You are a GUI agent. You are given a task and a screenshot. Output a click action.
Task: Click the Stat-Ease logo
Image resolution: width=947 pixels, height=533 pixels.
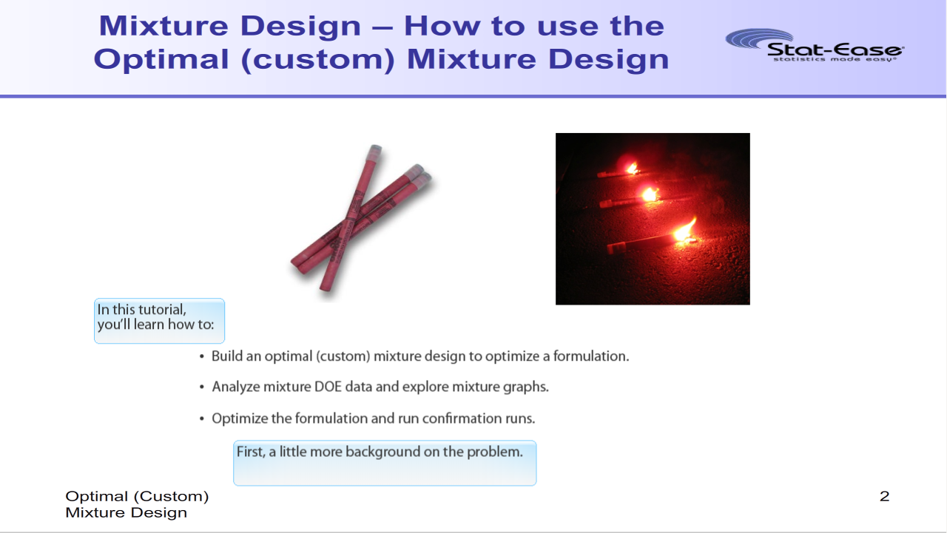coord(815,45)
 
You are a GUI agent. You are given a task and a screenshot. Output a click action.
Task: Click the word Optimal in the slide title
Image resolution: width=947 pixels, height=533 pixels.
coord(161,60)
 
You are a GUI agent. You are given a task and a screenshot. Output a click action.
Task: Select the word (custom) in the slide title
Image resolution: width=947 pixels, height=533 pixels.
coord(317,60)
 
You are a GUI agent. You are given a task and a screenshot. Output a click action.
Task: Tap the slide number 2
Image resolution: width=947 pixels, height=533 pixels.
coord(884,496)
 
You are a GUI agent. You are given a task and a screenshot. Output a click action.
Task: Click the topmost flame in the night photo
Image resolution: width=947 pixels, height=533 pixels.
coord(632,169)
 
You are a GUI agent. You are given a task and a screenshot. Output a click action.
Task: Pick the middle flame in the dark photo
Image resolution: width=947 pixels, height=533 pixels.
coord(649,194)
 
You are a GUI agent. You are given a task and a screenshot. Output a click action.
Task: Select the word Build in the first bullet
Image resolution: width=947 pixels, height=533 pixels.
coord(226,356)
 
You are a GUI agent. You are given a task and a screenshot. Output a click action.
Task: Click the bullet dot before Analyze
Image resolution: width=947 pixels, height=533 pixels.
coord(202,387)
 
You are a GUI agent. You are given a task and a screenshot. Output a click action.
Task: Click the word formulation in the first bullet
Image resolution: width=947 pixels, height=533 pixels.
coord(590,356)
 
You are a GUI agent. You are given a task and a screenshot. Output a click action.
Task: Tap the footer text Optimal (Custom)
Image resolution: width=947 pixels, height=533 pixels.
coord(137,497)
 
